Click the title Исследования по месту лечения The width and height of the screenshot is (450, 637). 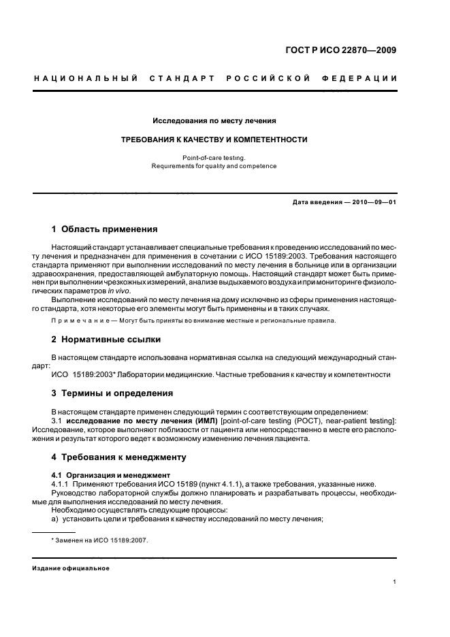[x=214, y=120]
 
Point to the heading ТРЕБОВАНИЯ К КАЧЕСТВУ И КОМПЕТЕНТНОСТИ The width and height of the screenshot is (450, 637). [x=214, y=140]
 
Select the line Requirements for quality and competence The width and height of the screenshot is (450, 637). [x=214, y=165]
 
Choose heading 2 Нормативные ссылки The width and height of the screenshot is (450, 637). [x=108, y=339]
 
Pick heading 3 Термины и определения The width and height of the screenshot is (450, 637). [x=112, y=393]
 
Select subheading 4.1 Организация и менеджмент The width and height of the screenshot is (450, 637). [x=103, y=474]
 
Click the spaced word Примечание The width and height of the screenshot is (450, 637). [x=80, y=321]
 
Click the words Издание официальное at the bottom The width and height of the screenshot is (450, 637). [x=71, y=568]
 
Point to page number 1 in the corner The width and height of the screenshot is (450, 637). [x=395, y=582]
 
